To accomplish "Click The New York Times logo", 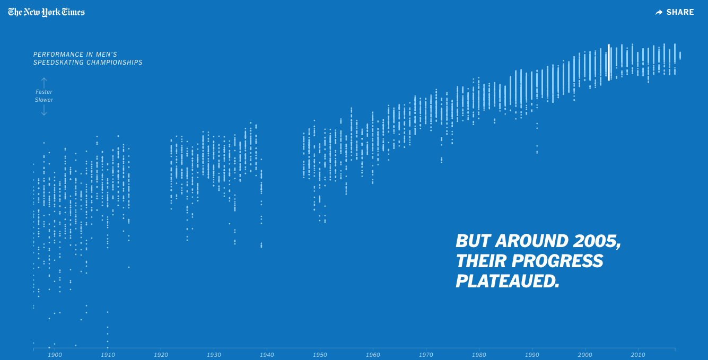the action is (x=47, y=12).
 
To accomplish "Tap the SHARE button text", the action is (x=680, y=12).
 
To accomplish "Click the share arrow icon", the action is (x=659, y=12).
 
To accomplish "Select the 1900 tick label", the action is (x=55, y=355).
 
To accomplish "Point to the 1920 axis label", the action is (x=161, y=355).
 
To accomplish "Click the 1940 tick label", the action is (x=267, y=355).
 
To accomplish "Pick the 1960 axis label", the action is (x=373, y=355).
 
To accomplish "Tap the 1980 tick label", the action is (x=479, y=355).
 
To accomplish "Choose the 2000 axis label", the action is (x=585, y=355).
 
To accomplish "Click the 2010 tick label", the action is (x=638, y=355).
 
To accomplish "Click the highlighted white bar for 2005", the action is (x=609, y=62).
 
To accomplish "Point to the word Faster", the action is (x=44, y=92).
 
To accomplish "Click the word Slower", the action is (x=44, y=100).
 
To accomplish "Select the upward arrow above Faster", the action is (x=44, y=83).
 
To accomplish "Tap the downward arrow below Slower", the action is (x=44, y=110).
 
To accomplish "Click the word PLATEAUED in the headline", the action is (x=508, y=281).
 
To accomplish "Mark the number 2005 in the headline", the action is (x=597, y=241).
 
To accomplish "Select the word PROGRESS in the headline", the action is (x=557, y=261).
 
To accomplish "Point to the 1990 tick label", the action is (x=532, y=355).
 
